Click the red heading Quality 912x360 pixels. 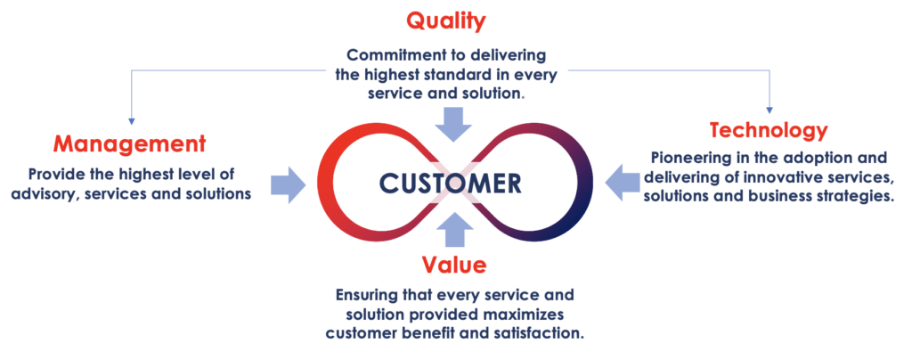coord(445,21)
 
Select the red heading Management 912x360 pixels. coord(130,144)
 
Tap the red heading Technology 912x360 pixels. coord(769,130)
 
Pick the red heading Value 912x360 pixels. coord(454,265)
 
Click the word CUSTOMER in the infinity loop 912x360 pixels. coord(451,184)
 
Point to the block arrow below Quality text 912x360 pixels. coord(454,125)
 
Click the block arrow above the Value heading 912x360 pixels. coord(454,230)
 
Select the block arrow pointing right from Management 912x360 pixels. coord(289,184)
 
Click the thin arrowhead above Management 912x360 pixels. coord(132,121)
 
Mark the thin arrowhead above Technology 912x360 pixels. coord(770,110)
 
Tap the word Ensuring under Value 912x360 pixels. coord(364,295)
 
